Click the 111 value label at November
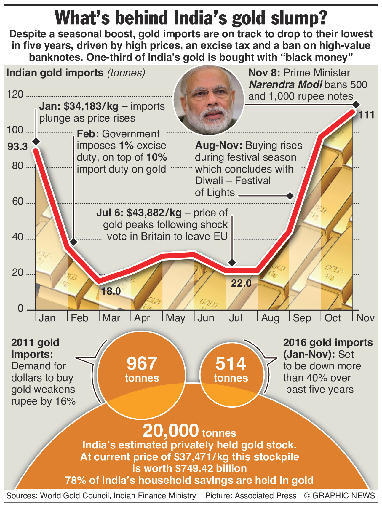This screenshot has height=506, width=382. pyautogui.click(x=367, y=115)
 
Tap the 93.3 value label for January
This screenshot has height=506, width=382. pyautogui.click(x=17, y=146)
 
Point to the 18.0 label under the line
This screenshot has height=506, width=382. pyautogui.click(x=111, y=291)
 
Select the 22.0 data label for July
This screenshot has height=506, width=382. pyautogui.click(x=241, y=283)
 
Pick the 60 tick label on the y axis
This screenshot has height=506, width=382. pyautogui.click(x=17, y=201)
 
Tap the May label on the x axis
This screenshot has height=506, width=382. pyautogui.click(x=175, y=318)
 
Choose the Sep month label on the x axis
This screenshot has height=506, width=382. pyautogui.click(x=302, y=318)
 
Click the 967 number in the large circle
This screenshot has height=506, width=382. pyautogui.click(x=142, y=363)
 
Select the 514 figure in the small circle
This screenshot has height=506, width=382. pyautogui.click(x=231, y=363)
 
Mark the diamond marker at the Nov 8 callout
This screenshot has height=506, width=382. pyautogui.click(x=356, y=105)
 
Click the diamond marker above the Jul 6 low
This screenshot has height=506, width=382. pyautogui.click(x=232, y=263)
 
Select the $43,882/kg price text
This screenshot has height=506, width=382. pyautogui.click(x=154, y=213)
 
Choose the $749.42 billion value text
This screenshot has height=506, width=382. pyautogui.click(x=211, y=468)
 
